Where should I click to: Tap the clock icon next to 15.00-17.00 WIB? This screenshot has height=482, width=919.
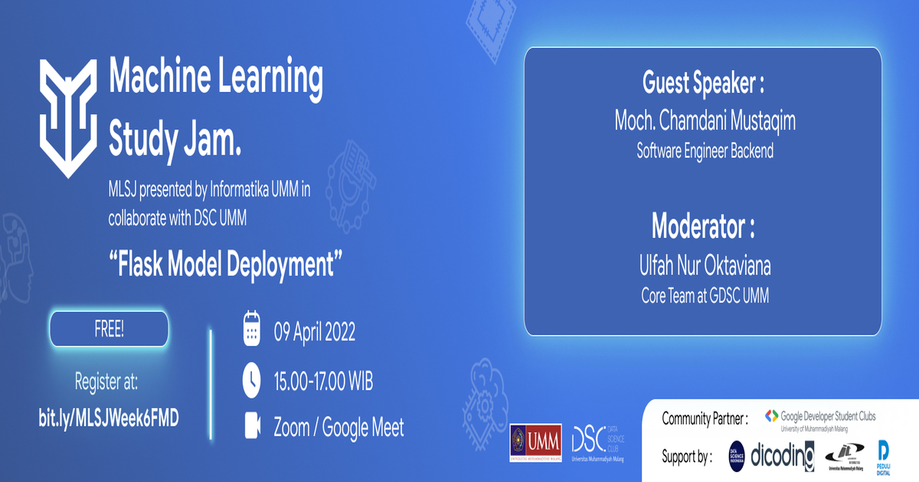(252, 379)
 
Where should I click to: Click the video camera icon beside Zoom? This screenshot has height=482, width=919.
(252, 427)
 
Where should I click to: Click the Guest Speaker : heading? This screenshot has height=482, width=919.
(703, 83)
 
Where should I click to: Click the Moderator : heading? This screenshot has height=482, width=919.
(703, 227)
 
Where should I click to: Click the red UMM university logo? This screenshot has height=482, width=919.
(535, 443)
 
